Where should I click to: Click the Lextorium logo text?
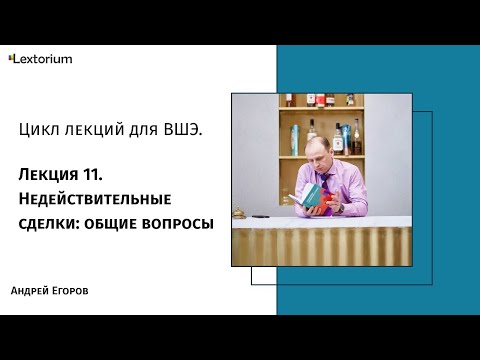coord(44,59)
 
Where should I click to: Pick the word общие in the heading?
coord(116,223)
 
